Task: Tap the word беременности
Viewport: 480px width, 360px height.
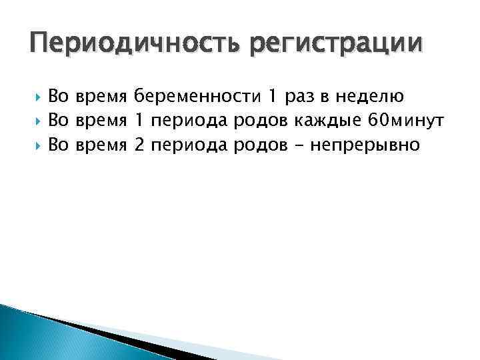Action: pyautogui.click(x=197, y=97)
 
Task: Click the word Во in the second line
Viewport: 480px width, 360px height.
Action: pyautogui.click(x=59, y=121)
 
